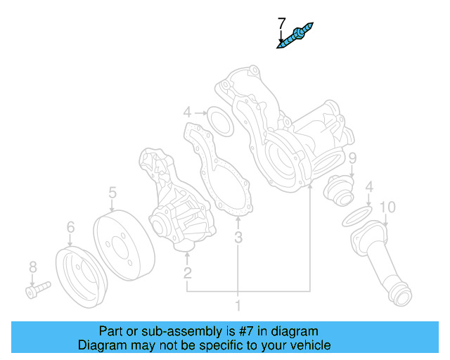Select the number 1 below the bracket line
[x=238, y=305]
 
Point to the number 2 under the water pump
[x=188, y=273]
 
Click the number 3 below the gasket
[x=238, y=238]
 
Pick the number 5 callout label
[x=112, y=192]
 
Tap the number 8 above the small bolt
[x=32, y=266]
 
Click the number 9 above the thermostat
[x=352, y=157]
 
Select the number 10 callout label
[x=387, y=207]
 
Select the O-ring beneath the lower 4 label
[x=358, y=217]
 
